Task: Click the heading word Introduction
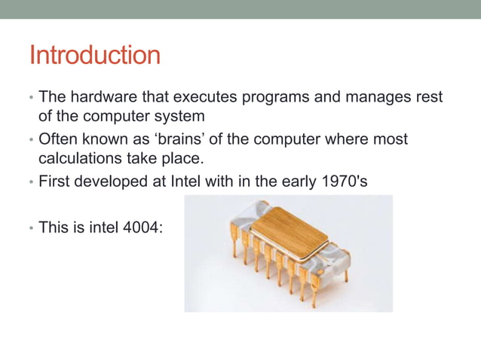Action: point(94,56)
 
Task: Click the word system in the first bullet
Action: point(180,117)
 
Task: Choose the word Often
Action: point(58,140)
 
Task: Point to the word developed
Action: point(115,182)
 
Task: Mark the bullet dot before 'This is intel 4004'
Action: point(31,227)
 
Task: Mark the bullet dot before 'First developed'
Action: point(31,182)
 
